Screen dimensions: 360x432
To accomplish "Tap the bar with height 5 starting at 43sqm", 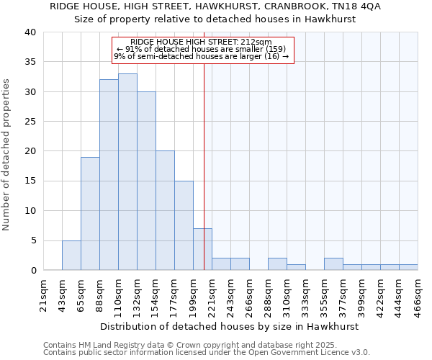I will (x=71, y=255).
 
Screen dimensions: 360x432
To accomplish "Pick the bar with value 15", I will (x=184, y=225).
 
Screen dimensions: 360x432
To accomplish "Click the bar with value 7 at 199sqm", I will (x=202, y=249).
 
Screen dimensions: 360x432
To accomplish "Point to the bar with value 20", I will (x=165, y=210).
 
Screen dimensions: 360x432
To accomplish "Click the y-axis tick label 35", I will (x=30, y=62).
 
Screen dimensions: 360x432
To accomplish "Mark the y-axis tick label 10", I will (x=30, y=211).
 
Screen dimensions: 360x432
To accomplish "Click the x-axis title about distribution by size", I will (x=229, y=326).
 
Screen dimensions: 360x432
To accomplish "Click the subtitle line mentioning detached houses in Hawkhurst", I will (x=216, y=19).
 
